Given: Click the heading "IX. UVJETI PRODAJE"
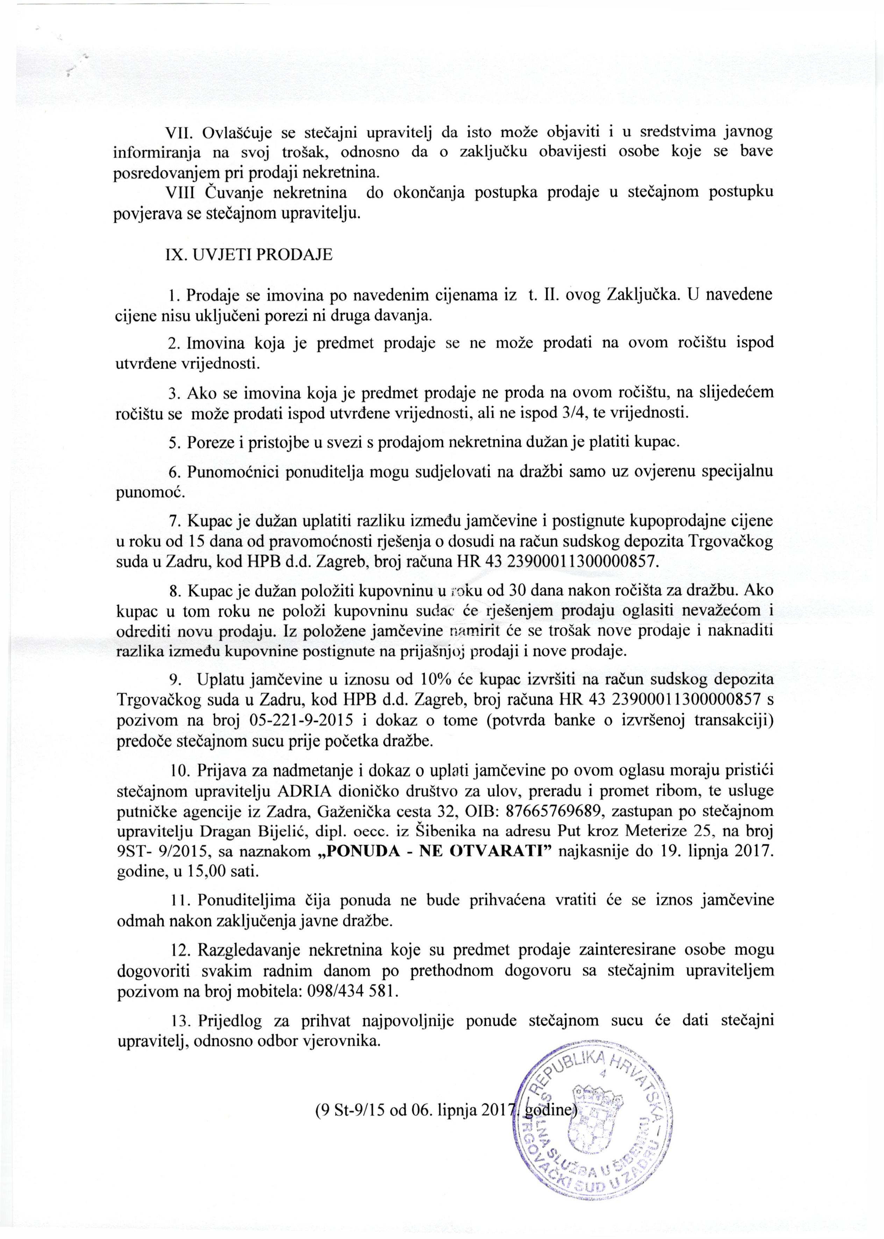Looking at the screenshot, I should pos(248,254).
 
